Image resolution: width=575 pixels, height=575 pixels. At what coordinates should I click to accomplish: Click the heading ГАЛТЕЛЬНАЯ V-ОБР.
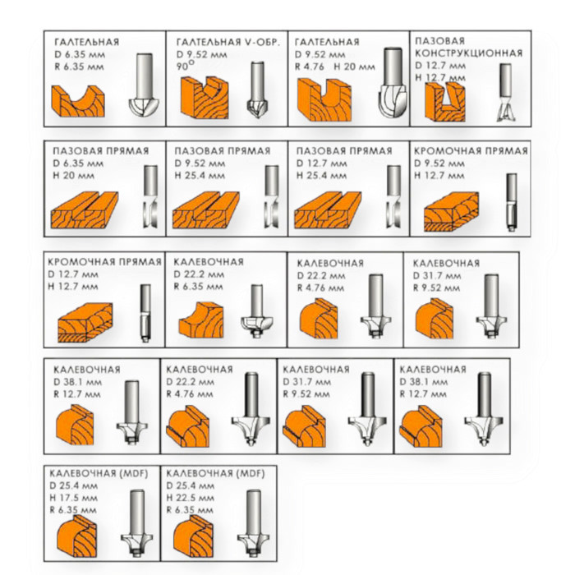pos(228,42)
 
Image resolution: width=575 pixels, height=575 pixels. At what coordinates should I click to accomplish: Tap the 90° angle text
pos(186,66)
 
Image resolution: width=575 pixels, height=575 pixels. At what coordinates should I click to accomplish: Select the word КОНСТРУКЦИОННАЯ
pos(469,53)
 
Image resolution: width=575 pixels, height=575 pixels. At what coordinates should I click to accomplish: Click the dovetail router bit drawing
pos(506,92)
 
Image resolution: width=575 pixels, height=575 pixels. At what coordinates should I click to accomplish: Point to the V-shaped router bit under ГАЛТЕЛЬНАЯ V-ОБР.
pos(256,89)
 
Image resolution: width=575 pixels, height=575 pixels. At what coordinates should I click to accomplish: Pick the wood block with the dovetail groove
pos(445,102)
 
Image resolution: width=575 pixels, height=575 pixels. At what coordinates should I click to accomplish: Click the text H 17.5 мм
pos(74,498)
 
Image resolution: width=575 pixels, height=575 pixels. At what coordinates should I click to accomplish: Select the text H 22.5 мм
pos(191,498)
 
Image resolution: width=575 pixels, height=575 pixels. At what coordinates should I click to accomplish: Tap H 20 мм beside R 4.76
pos(354,67)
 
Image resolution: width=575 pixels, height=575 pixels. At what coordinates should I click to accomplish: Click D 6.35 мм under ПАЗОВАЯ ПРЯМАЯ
pos(78,163)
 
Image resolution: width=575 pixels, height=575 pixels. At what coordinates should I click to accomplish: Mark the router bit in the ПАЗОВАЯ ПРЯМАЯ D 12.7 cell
pos(393,196)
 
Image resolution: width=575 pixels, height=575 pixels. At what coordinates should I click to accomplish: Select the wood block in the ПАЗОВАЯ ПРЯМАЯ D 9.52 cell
pos(205,210)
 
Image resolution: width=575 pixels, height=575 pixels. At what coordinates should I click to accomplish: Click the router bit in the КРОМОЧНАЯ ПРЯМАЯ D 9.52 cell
pos(511,202)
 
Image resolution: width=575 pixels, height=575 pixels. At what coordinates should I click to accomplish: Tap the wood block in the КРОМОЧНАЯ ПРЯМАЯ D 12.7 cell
pos(85,323)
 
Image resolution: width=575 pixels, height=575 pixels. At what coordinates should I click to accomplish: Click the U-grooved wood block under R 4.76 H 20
pos(324,99)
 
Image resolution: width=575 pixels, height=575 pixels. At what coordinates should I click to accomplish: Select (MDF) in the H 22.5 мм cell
pos(251,473)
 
